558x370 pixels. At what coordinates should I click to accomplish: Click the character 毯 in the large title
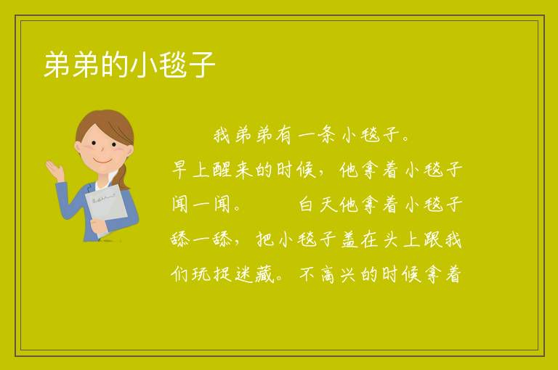tap(173, 65)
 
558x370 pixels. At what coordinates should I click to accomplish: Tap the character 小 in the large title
tap(144, 65)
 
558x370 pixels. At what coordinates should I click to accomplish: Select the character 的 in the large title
tap(115, 65)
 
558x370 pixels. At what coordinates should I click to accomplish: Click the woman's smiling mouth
tap(102, 160)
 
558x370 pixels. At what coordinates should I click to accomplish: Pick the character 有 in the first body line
tap(283, 135)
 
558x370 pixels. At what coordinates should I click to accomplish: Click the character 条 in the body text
tap(325, 135)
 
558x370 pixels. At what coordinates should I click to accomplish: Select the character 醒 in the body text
tap(222, 170)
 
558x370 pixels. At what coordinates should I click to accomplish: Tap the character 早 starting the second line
tap(179, 170)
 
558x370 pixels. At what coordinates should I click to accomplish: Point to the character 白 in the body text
tap(306, 205)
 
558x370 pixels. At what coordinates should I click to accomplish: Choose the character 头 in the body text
tap(392, 239)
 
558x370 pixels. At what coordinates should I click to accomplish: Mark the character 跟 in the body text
tap(432, 239)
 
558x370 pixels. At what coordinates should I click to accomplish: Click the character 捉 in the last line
tap(222, 274)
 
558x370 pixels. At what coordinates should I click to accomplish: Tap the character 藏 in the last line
tap(264, 274)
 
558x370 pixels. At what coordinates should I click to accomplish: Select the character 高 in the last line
tap(328, 274)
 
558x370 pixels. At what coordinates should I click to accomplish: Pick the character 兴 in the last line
tap(348, 274)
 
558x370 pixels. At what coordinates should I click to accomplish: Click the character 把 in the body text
tap(265, 239)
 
